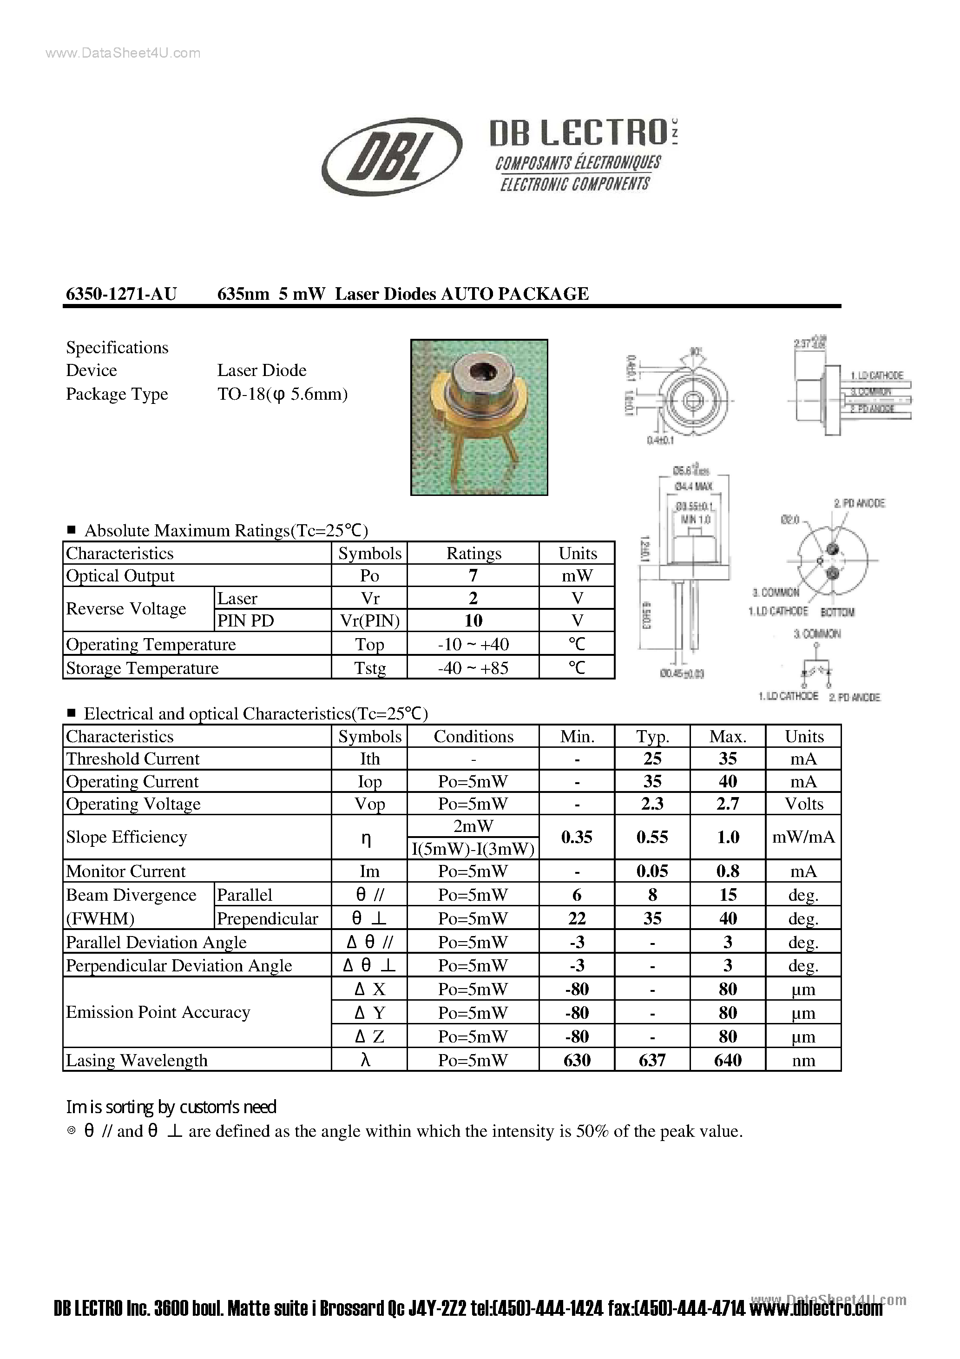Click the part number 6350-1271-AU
121,294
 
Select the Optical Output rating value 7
473,575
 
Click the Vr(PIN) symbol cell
370,620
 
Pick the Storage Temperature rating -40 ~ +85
473,668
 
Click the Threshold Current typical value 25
652,759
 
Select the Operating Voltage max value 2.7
727,804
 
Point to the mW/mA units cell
803,837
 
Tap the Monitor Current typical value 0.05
652,871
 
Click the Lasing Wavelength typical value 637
652,1060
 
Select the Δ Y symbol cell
369,1013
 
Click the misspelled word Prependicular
268,919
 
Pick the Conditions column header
473,736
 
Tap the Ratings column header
473,554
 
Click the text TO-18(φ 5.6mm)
283,394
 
